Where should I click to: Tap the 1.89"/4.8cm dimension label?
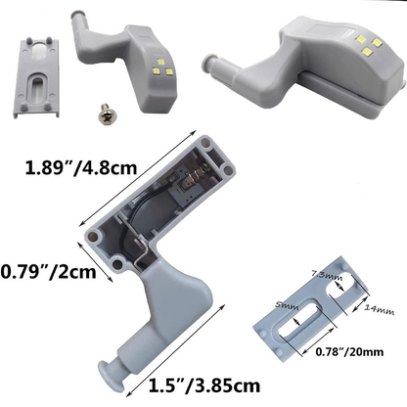[x=81, y=168]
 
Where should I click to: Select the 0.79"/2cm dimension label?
[x=48, y=272]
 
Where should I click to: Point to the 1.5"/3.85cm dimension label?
[x=204, y=385]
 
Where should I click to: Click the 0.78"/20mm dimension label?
[x=349, y=352]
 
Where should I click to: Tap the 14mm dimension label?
[x=379, y=309]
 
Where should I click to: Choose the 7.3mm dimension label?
[x=327, y=275]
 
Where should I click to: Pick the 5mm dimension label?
[x=287, y=306]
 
